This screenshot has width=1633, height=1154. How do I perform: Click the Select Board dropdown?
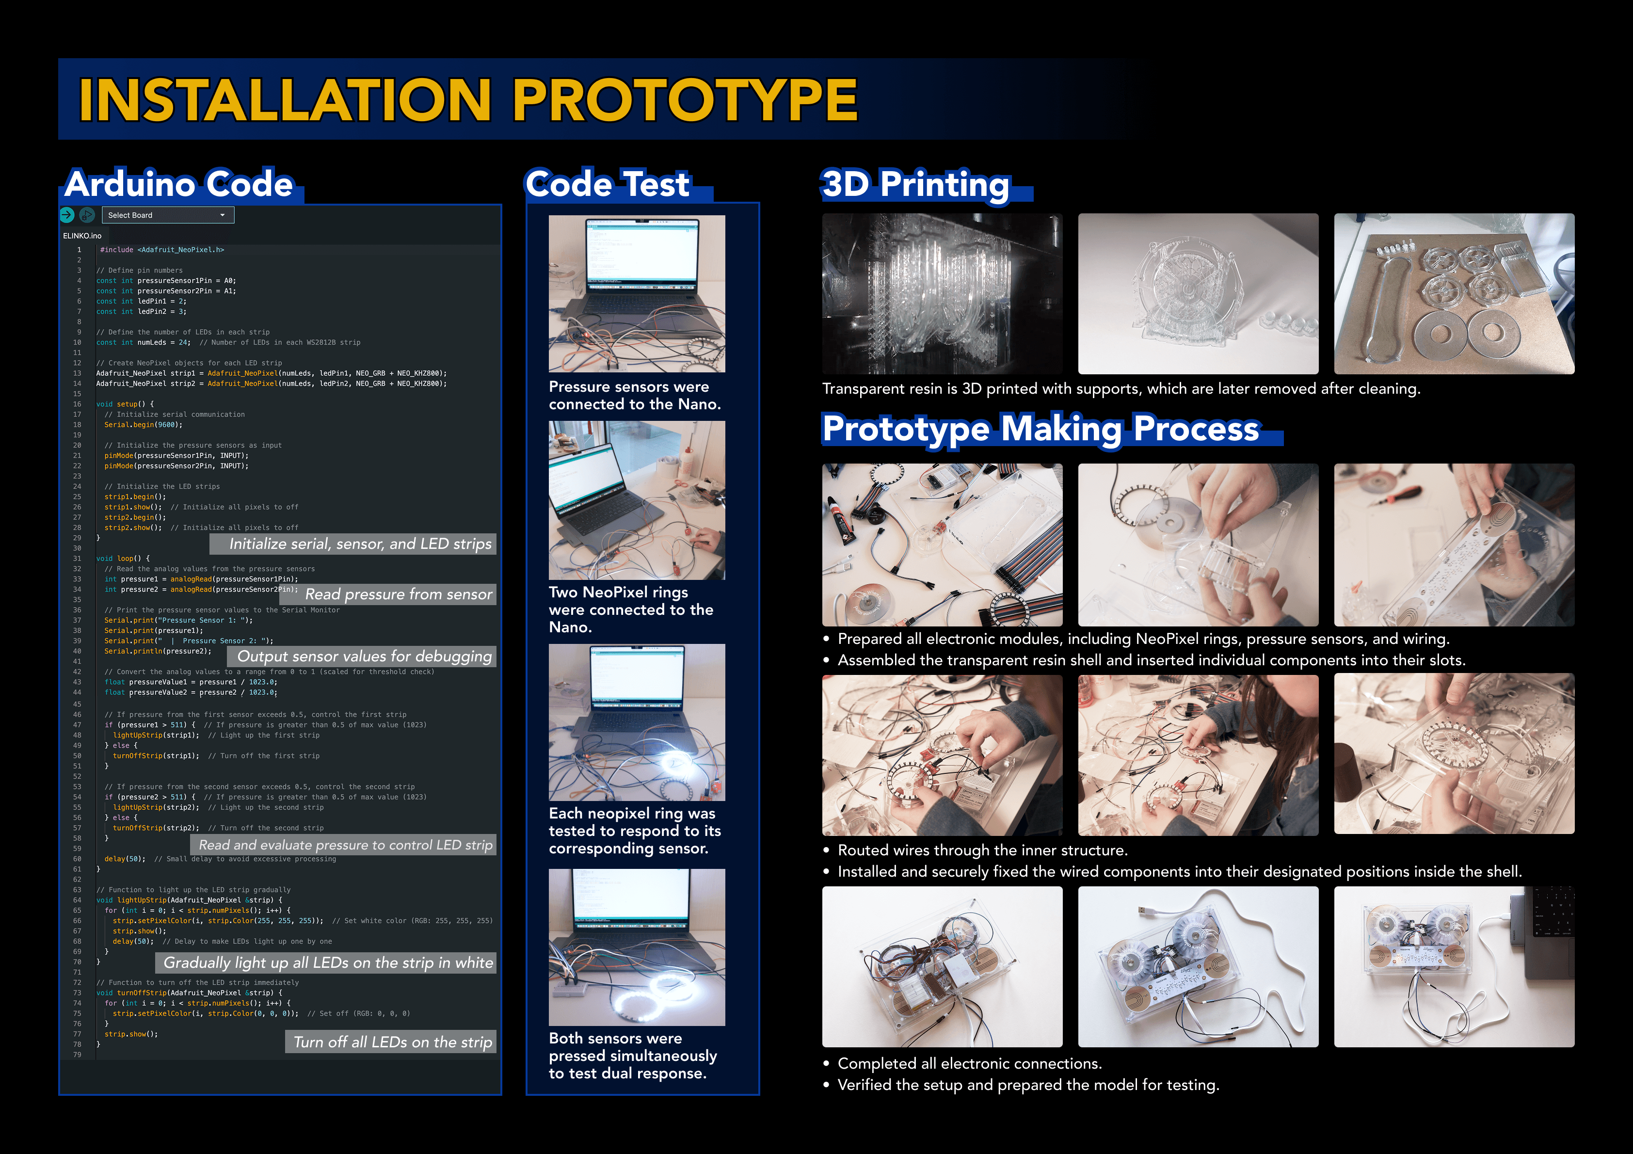coord(168,215)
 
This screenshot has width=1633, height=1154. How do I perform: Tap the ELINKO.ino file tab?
coord(82,236)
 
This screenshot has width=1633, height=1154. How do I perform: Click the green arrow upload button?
coord(67,215)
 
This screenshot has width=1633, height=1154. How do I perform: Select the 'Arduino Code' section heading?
coord(178,184)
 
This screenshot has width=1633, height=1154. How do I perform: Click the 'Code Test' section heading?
coord(608,184)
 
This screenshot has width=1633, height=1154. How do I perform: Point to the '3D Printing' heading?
coord(915,184)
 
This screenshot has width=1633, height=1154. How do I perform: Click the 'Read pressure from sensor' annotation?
coord(398,594)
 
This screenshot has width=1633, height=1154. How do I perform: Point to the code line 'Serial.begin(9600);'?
coord(144,425)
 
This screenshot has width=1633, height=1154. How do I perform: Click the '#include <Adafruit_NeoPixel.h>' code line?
coord(162,250)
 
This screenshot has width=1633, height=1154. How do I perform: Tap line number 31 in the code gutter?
coord(78,559)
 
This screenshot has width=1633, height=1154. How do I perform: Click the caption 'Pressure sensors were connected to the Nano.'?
coord(634,396)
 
